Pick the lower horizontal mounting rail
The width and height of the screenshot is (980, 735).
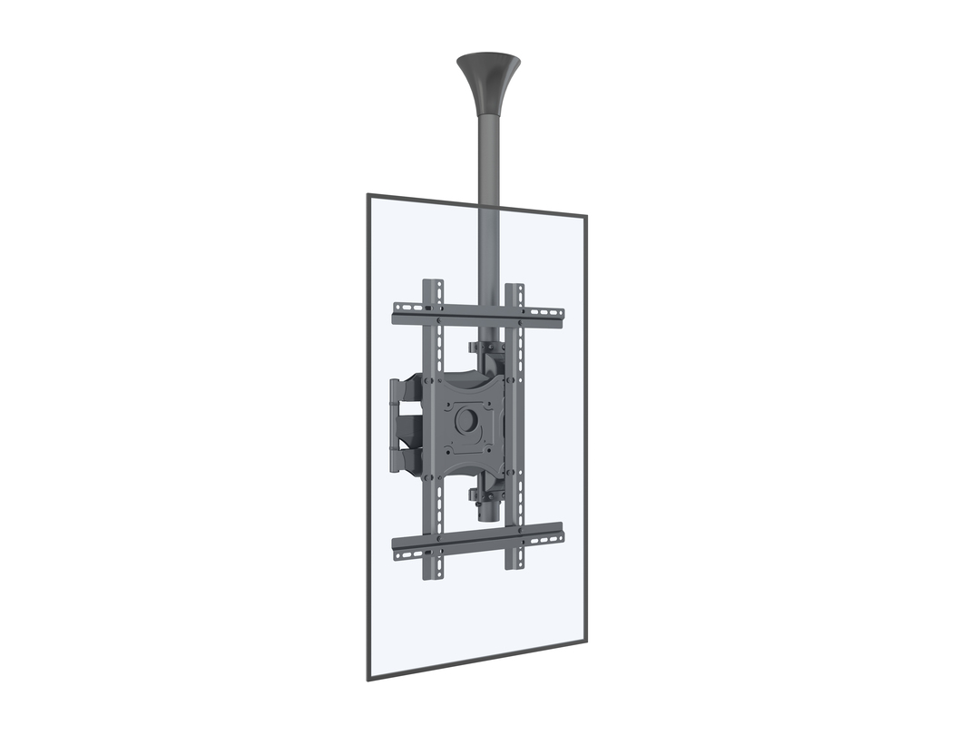pyautogui.click(x=477, y=542)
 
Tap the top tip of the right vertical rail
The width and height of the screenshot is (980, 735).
pyautogui.click(x=514, y=288)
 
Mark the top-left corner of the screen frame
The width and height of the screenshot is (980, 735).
pyautogui.click(x=368, y=195)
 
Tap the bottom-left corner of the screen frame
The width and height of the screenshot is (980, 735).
pyautogui.click(x=369, y=678)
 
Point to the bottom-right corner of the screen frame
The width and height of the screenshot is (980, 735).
pyautogui.click(x=583, y=640)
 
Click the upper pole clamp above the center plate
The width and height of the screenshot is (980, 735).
pyautogui.click(x=486, y=348)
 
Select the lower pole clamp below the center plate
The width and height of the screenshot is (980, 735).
pyautogui.click(x=486, y=495)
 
